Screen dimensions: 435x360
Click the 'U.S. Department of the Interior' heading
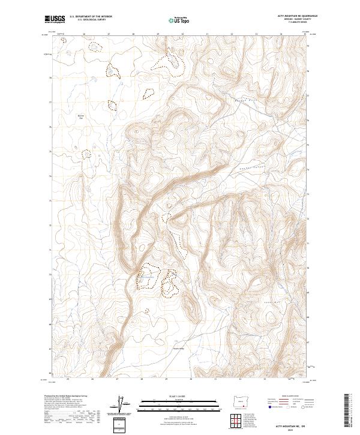pos(91,17)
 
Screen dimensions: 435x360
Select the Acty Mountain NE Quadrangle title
pos(298,17)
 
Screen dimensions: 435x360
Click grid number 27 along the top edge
pos(108,35)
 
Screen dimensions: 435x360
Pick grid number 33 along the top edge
pos(256,35)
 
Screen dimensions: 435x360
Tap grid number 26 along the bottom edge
pos(92,379)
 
